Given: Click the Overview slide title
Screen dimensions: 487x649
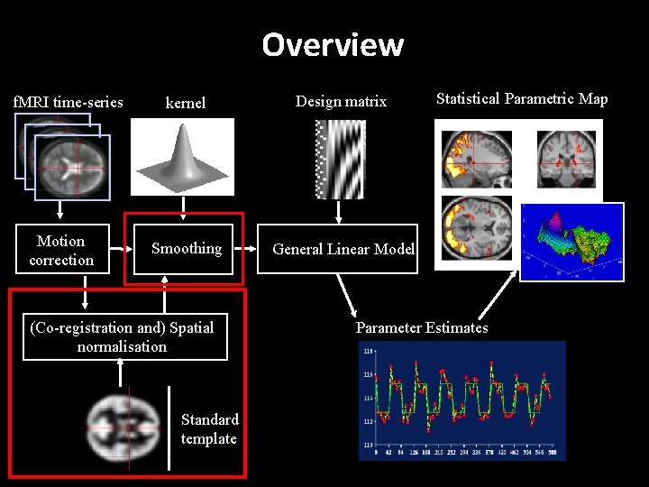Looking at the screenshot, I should (x=333, y=44).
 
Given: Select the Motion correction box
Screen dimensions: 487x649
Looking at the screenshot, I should (x=61, y=250).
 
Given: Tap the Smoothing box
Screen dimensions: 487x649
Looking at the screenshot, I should (x=186, y=249).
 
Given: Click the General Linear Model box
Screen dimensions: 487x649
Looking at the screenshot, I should (x=343, y=250).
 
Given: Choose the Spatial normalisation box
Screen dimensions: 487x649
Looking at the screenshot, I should (x=123, y=337).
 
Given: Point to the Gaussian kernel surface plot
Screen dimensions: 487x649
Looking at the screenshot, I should (x=183, y=157).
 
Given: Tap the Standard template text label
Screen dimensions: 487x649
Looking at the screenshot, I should (x=209, y=429).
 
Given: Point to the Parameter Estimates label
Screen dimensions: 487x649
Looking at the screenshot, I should (x=422, y=327).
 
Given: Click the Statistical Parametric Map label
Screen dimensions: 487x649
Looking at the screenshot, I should (x=522, y=99).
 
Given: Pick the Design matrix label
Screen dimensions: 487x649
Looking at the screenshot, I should (x=341, y=102).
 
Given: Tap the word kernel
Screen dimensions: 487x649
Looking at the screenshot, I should (x=185, y=103).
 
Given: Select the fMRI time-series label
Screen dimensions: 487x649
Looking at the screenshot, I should (x=69, y=102).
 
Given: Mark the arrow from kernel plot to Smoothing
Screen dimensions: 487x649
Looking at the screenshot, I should (x=184, y=209).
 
